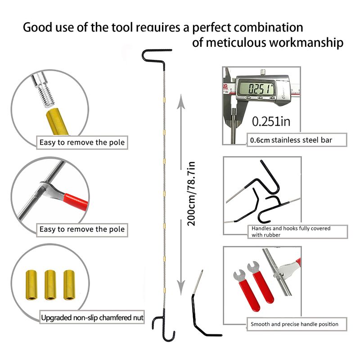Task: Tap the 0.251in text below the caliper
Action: [271, 121]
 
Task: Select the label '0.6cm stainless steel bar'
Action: [292, 140]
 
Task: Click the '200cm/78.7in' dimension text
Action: [191, 193]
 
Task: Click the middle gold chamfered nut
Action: [50, 284]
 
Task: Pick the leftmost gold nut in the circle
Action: [32, 284]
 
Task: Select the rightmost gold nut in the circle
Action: [68, 284]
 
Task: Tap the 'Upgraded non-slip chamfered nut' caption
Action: [92, 318]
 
